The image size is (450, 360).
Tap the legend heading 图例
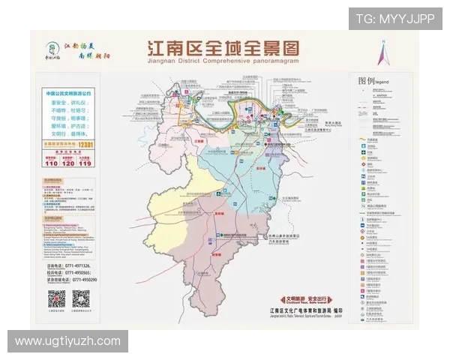tap(366, 80)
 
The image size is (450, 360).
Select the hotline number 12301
tap(87, 143)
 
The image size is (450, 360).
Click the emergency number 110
tap(52, 161)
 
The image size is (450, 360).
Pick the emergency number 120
tap(68, 161)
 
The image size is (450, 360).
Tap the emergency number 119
tap(85, 161)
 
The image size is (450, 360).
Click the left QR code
tap(56, 298)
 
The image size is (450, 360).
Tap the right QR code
tap(80, 298)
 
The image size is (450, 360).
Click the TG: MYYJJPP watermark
tap(394, 19)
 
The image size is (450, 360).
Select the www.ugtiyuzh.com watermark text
tap(67, 341)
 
